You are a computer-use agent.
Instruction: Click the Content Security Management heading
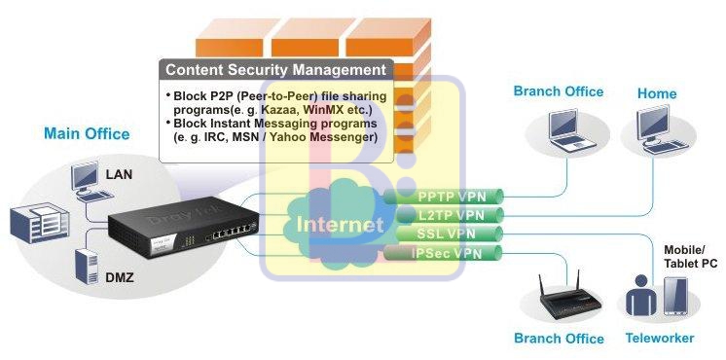click(276, 70)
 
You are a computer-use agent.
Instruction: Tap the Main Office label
click(87, 133)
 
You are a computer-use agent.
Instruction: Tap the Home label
click(657, 93)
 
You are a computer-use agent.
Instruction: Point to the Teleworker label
click(659, 339)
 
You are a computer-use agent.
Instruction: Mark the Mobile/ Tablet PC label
click(689, 256)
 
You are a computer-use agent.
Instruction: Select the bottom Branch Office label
click(559, 339)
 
